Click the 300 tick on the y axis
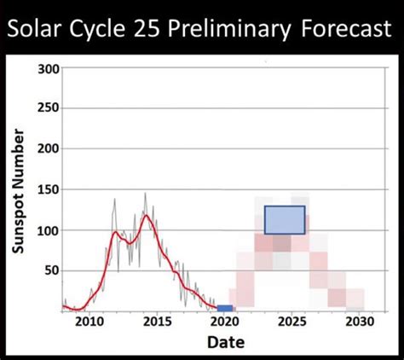click(49, 68)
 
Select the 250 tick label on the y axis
click(49, 108)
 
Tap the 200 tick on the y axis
click(49, 148)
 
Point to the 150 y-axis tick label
click(49, 189)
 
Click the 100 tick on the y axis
click(49, 230)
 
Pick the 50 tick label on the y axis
click(52, 270)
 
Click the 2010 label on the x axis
click(87, 322)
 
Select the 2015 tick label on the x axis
click(155, 322)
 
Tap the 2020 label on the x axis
click(224, 322)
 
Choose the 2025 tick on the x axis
click(292, 322)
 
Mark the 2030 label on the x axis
click(361, 322)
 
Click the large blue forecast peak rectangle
click(284, 219)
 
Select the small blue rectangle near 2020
click(224, 308)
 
